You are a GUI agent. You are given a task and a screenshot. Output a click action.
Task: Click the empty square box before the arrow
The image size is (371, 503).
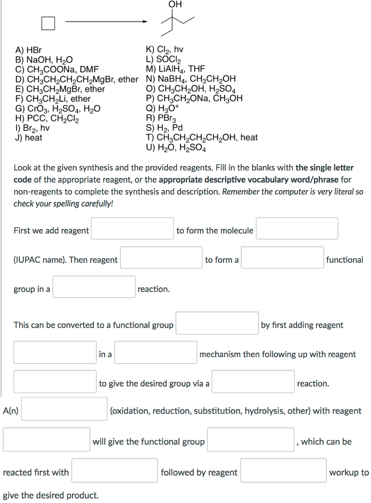tap(48, 23)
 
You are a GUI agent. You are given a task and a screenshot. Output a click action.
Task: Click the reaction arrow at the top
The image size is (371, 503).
tap(106, 22)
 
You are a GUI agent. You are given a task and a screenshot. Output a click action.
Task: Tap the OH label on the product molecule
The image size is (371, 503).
tap(174, 4)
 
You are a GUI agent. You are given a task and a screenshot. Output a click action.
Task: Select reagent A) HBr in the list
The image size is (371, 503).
tap(29, 50)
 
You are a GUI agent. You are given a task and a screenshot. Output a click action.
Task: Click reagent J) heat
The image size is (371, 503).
tap(29, 138)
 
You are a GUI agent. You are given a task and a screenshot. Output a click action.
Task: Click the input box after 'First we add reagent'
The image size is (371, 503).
tap(132, 228)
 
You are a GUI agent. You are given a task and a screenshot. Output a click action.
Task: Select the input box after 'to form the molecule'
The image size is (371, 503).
tap(297, 228)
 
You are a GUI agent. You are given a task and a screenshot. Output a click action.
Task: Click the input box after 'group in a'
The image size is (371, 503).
tap(94, 287)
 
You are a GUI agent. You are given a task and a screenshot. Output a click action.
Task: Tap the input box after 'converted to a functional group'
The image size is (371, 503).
tap(217, 323)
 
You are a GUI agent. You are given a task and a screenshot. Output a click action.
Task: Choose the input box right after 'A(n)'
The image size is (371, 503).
tap(64, 409)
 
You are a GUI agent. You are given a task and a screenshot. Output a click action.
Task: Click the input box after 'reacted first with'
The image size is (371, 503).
tap(114, 470)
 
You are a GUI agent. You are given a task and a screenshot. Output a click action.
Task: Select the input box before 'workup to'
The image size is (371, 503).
tap(283, 470)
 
